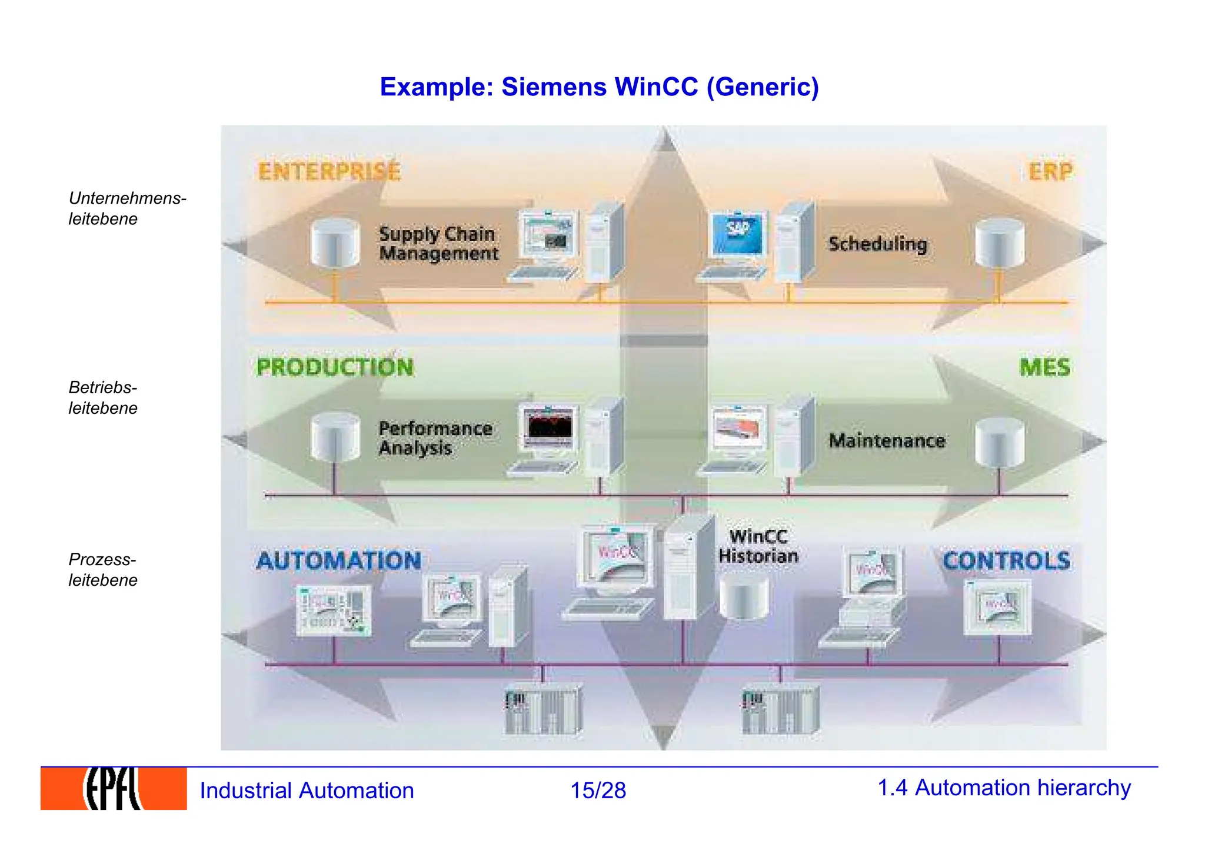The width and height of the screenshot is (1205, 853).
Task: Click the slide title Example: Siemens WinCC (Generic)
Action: point(599,87)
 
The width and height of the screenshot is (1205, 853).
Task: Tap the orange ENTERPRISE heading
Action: point(329,171)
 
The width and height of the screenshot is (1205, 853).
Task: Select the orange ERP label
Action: point(1050,171)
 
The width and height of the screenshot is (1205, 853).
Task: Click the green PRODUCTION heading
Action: point(335,367)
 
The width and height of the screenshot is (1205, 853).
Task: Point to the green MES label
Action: point(1044,367)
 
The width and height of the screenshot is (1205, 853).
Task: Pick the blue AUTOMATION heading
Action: point(339,560)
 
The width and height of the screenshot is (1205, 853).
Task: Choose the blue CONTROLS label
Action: point(1006,560)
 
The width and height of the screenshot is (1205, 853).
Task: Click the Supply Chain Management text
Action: point(438,243)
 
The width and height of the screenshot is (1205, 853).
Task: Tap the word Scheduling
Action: point(878,244)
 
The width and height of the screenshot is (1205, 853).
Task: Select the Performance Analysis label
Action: point(435,438)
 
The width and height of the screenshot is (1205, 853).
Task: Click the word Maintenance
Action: point(887,440)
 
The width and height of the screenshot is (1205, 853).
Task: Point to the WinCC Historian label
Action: point(758,546)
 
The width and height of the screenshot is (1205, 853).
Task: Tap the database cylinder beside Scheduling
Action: point(999,243)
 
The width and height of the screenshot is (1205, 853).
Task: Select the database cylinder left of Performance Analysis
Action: point(335,437)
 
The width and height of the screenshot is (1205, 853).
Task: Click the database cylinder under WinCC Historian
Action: point(744,598)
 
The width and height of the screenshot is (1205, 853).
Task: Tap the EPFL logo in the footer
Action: point(114,789)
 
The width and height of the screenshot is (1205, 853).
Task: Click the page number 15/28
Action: point(598,790)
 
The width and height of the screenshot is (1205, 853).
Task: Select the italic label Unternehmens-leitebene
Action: point(127,208)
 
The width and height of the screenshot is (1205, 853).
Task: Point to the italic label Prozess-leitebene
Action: point(102,569)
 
